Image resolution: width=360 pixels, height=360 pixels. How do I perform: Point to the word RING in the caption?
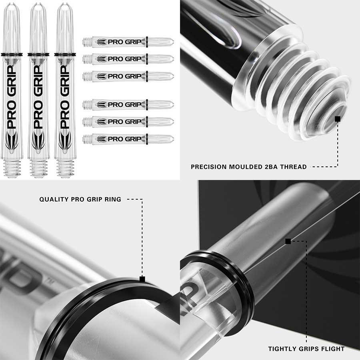(x=113, y=199)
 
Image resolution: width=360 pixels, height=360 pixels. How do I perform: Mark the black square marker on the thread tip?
(x=338, y=119)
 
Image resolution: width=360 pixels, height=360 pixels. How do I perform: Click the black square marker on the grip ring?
(x=142, y=279)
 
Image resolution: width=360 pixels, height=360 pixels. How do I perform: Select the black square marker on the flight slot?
(x=288, y=241)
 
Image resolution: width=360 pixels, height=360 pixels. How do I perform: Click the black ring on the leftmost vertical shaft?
(x=12, y=55)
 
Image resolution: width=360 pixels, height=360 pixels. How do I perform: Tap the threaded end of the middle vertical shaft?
(x=38, y=169)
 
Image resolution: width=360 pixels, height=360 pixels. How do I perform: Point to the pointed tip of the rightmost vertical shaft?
(x=65, y=4)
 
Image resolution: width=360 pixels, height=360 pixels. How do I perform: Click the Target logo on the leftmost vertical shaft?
(x=12, y=140)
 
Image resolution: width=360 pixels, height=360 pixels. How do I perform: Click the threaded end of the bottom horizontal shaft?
(x=87, y=139)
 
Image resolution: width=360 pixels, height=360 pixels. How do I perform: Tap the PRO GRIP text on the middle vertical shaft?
(x=38, y=97)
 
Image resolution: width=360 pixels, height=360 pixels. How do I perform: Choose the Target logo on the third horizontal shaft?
(x=102, y=76)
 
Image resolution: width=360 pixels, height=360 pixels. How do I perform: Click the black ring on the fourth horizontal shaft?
(x=147, y=105)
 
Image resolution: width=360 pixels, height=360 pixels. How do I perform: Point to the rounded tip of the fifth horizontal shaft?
(x=173, y=122)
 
